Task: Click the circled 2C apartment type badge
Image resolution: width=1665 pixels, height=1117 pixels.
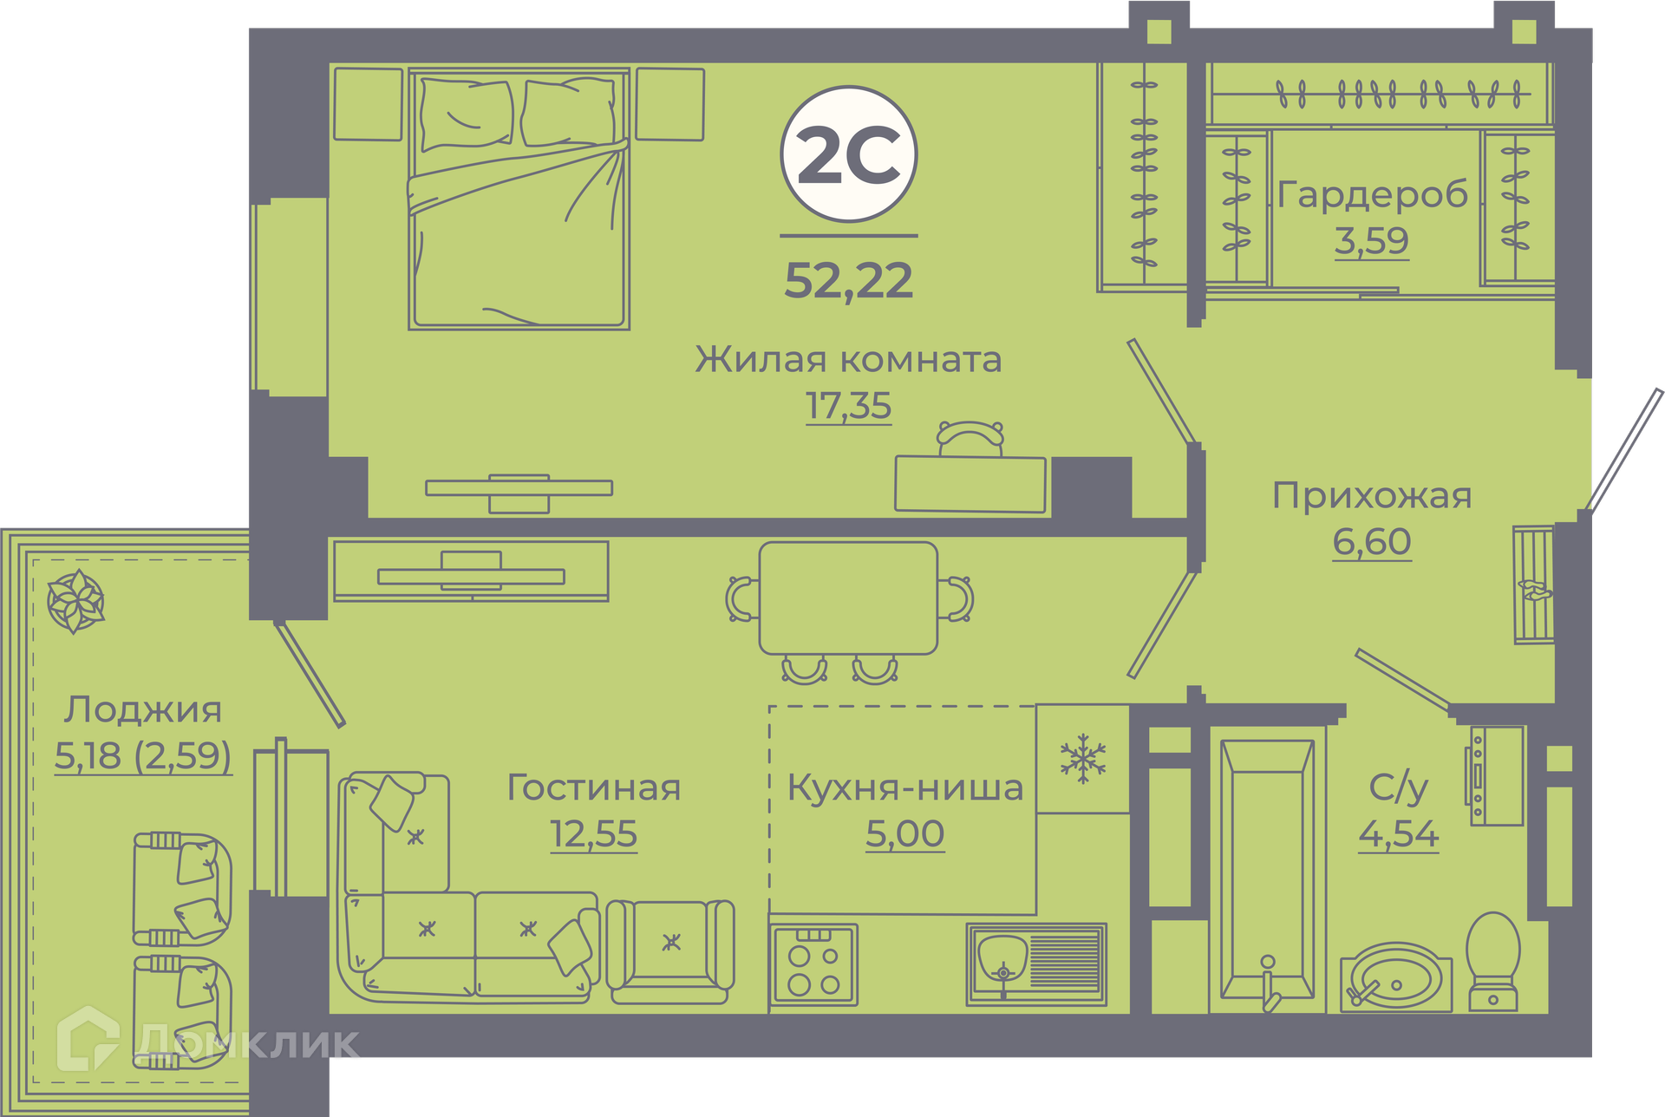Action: [849, 154]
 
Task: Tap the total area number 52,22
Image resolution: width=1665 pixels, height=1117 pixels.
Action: [849, 281]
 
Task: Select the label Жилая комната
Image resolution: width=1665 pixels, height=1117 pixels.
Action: [848, 359]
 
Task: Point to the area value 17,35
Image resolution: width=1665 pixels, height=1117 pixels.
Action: [848, 406]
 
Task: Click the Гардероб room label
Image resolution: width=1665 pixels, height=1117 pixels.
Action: [1373, 193]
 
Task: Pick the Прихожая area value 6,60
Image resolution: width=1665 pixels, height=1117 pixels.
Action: [1372, 541]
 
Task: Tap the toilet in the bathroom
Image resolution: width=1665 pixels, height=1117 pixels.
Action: [1492, 961]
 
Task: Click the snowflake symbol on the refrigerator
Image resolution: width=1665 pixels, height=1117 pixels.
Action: [1083, 759]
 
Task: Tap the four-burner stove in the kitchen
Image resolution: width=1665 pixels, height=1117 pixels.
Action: [813, 964]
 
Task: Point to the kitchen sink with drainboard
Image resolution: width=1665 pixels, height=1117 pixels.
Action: [1036, 964]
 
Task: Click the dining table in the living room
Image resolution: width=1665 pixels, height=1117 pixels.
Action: [848, 598]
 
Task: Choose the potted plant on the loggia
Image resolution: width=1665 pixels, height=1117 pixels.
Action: [75, 601]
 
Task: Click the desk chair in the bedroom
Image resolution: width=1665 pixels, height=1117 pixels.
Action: [970, 438]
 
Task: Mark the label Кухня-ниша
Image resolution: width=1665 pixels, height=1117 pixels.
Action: [905, 788]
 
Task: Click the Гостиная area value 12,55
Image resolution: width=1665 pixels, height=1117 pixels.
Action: [594, 834]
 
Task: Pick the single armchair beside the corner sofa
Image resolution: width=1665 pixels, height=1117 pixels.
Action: [670, 951]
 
